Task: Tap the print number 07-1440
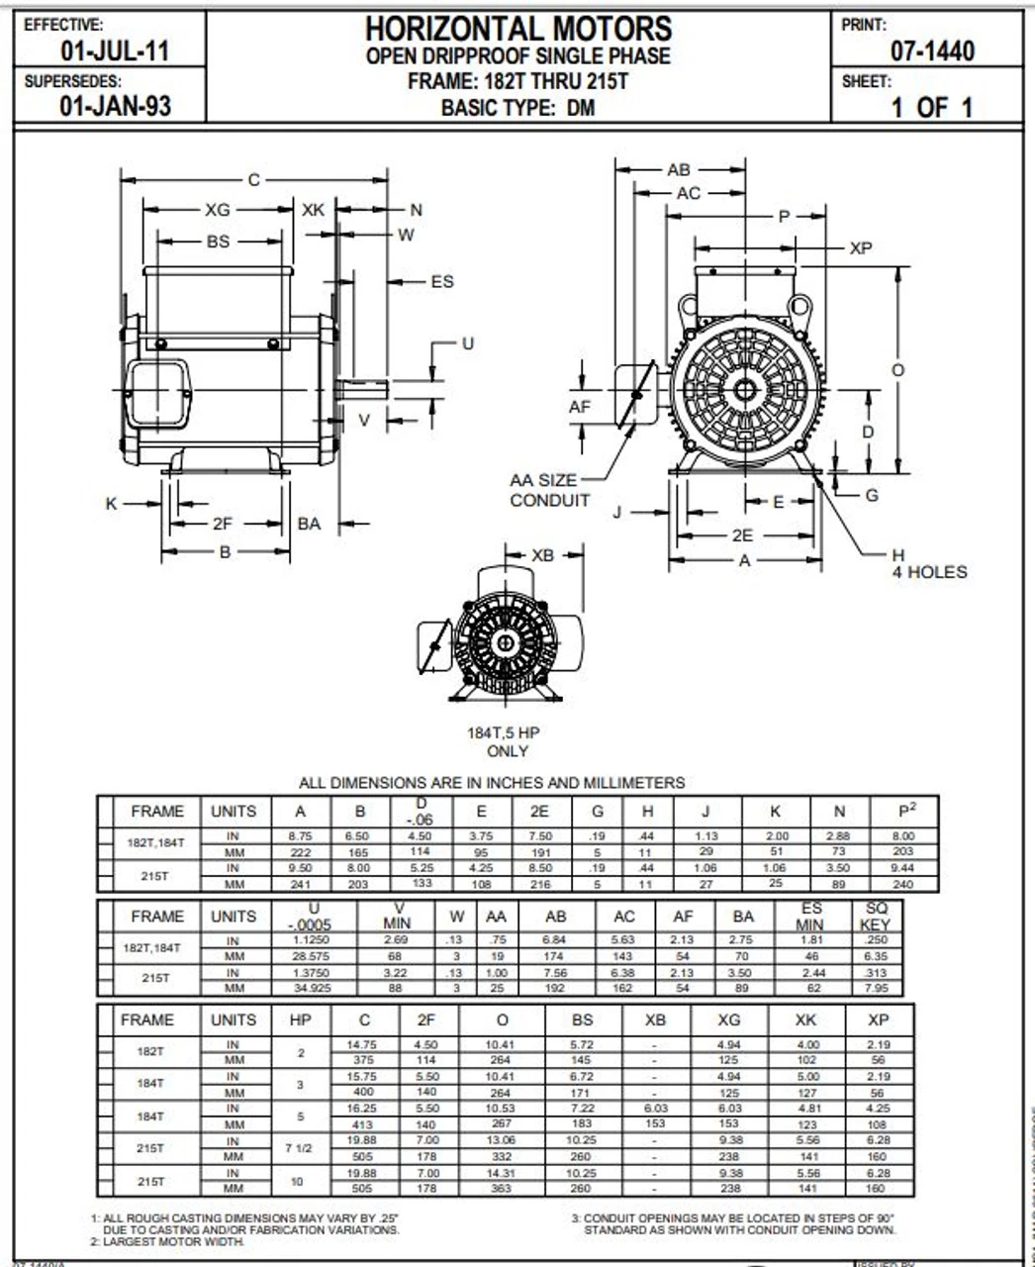[x=931, y=50]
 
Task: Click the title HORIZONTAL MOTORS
[x=518, y=28]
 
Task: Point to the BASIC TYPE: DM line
[x=518, y=108]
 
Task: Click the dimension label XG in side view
[x=217, y=210]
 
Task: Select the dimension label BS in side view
[x=218, y=242]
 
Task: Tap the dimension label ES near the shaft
[x=441, y=282]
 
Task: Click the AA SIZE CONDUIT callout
[x=549, y=491]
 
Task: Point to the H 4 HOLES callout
[x=927, y=563]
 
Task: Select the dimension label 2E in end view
[x=742, y=536]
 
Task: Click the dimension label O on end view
[x=897, y=370]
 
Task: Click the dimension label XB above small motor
[x=542, y=555]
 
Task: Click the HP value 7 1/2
[x=301, y=1148]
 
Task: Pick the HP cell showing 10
[x=301, y=1181]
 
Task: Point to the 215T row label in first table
[x=156, y=876]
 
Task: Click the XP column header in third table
[x=878, y=1020]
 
